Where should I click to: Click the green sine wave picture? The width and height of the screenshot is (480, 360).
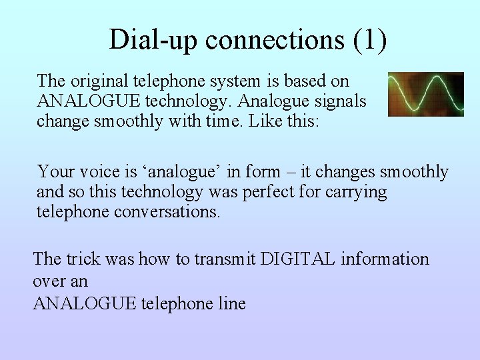click(426, 94)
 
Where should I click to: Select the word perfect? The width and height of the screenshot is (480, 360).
click(283, 193)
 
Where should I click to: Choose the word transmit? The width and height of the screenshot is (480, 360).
click(221, 259)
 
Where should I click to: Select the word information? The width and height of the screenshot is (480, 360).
click(384, 259)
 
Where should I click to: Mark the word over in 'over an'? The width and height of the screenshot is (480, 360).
click(49, 281)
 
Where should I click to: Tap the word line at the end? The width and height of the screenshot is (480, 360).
click(231, 304)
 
